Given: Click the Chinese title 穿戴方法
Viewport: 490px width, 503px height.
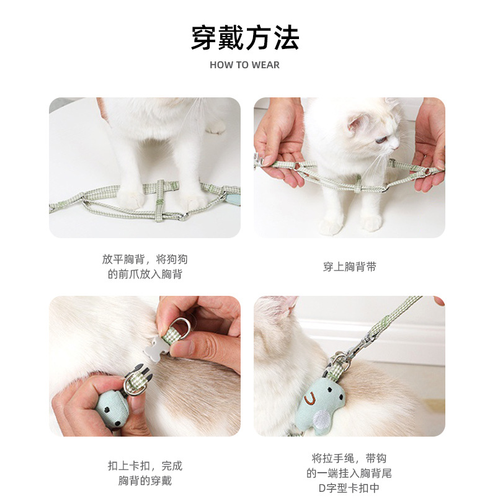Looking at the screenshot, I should [x=245, y=38].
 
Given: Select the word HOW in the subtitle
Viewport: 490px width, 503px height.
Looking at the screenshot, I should [x=221, y=65].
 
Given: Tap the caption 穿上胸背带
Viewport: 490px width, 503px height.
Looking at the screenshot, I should [x=349, y=267].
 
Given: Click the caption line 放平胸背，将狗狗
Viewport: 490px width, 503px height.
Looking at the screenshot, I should [x=145, y=259].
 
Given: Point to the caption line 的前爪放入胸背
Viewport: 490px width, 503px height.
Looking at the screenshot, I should [x=145, y=274].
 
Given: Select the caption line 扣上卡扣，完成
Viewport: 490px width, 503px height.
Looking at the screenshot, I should [x=145, y=465].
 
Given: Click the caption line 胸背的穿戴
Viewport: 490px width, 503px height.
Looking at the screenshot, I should [x=145, y=481].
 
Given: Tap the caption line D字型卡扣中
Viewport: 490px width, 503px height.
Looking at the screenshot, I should [x=349, y=488].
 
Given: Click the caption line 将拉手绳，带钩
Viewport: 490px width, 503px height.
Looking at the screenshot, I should [x=349, y=458].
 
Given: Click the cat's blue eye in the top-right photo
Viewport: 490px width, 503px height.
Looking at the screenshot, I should [x=379, y=140].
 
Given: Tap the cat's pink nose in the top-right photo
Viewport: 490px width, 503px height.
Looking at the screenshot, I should [x=397, y=146].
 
